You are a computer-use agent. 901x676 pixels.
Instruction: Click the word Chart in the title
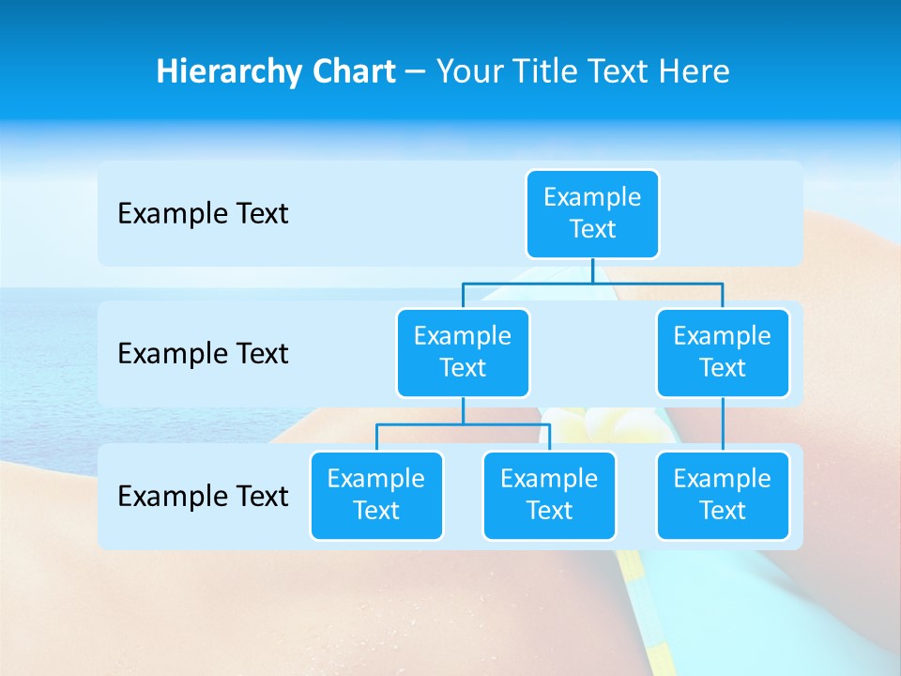[352, 72]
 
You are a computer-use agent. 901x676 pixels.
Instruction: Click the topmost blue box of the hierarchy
[592, 214]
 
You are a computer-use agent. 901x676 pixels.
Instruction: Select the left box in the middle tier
[463, 352]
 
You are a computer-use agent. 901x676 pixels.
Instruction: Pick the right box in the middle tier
[723, 352]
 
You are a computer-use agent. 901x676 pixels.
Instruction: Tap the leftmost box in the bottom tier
[376, 495]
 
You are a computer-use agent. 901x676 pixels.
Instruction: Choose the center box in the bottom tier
[549, 495]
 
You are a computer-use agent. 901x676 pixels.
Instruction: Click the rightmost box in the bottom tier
[723, 495]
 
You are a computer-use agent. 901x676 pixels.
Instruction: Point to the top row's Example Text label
[203, 214]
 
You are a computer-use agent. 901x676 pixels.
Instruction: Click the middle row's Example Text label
[203, 354]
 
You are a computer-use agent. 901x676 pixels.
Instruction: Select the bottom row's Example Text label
[203, 496]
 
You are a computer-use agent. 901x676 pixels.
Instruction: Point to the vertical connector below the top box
[592, 270]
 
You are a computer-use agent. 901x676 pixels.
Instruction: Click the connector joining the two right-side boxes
[723, 424]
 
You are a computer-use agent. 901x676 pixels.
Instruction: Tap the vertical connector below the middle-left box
[463, 411]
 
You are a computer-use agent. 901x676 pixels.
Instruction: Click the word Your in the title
[468, 72]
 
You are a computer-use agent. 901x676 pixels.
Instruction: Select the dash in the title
[416, 72]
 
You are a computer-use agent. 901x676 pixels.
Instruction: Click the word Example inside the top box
[592, 197]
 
